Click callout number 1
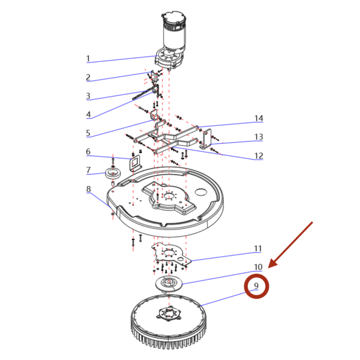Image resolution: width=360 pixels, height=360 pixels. tap(88, 59)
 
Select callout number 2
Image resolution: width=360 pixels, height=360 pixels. tap(88, 77)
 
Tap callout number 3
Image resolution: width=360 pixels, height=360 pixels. tap(88, 96)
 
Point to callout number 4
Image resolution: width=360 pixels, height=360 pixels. tap(88, 115)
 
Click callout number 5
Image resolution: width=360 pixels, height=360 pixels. tap(88, 133)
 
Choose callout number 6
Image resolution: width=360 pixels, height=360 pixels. tap(88, 152)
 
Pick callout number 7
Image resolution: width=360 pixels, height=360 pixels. tap(88, 170)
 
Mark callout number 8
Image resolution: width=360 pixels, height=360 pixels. tap(88, 189)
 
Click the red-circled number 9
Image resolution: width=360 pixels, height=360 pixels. tap(256, 286)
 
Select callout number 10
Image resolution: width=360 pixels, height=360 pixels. tap(258, 267)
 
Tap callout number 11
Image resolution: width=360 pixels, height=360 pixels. tap(258, 248)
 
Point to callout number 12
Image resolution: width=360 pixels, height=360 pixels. tap(259, 155)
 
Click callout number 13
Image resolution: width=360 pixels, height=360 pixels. tap(259, 137)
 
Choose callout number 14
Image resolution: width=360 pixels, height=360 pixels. tap(259, 118)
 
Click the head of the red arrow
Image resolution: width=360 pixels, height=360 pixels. tap(269, 267)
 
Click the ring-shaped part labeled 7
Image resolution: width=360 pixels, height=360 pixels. tap(113, 173)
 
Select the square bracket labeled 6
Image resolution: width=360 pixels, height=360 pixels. tap(135, 163)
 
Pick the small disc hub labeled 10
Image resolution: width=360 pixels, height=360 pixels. tap(169, 283)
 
